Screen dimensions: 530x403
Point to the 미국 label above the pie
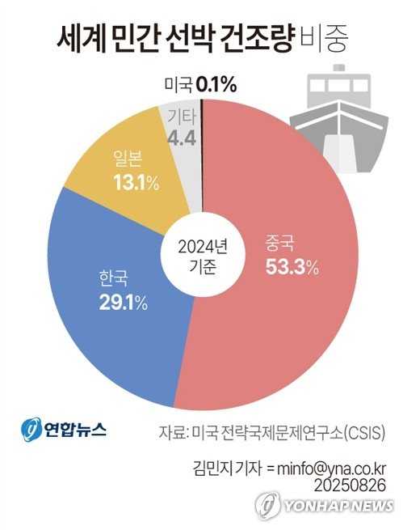[x=178, y=83]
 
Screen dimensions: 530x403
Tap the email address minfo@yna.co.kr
[x=330, y=468]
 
